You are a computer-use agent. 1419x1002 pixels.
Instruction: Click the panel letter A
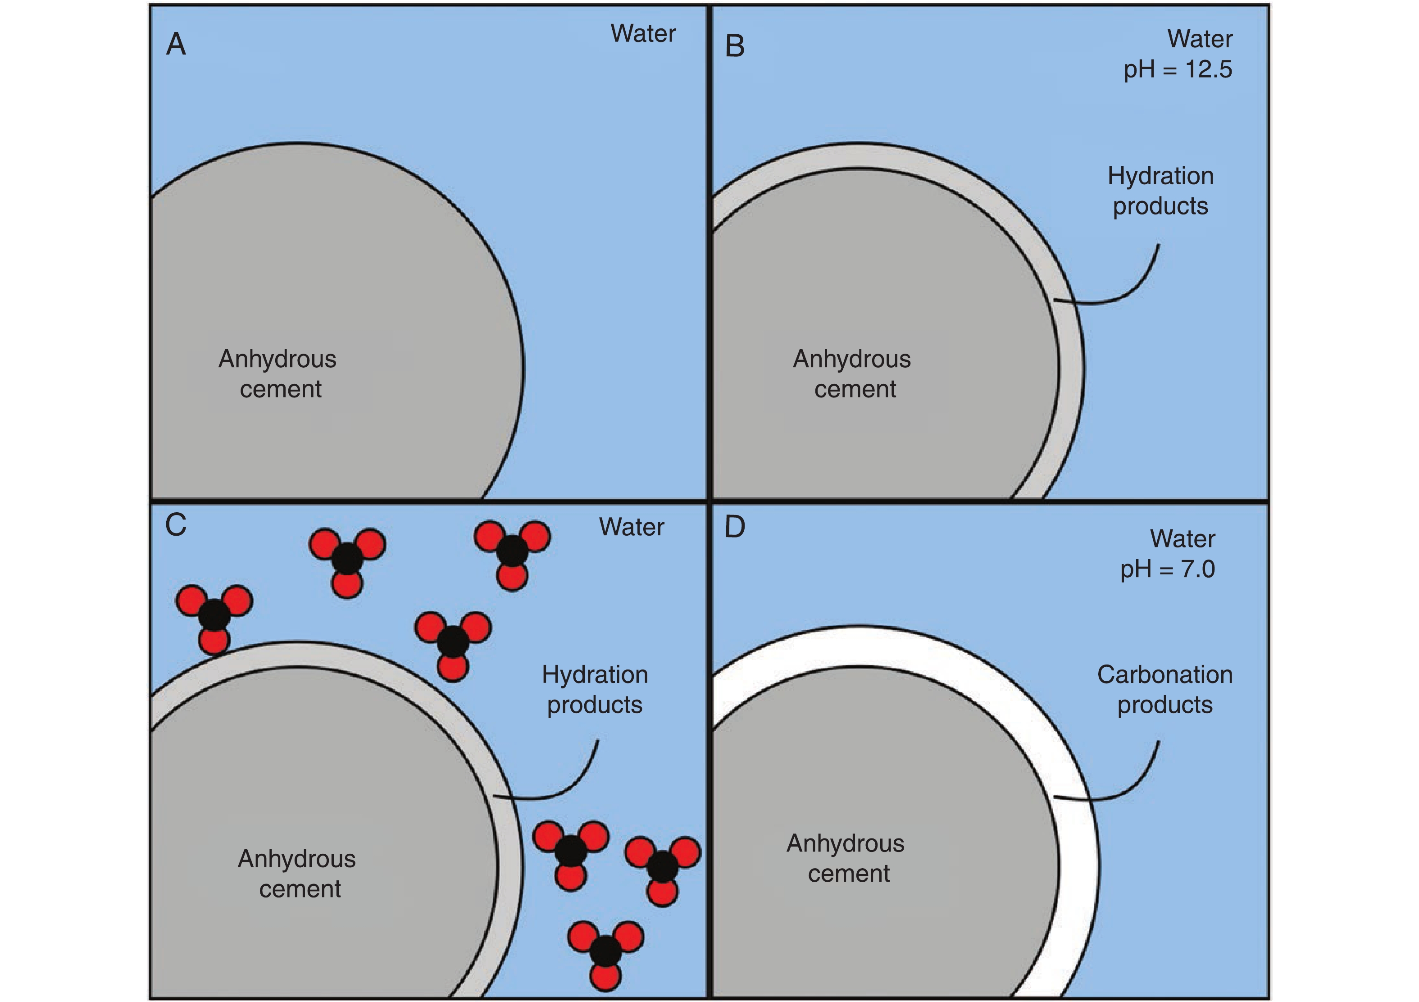176,45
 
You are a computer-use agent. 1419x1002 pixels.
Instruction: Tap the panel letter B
734,46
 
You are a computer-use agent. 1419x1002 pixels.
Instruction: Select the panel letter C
176,525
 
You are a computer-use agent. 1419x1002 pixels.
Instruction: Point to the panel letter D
734,527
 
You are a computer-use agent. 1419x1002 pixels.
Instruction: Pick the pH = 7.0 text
1168,569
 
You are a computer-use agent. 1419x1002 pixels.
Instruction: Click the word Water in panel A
643,33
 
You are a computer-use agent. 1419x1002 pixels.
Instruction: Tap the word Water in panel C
631,527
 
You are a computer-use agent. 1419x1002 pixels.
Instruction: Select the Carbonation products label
1164,689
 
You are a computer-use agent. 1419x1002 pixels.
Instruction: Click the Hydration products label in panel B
1160,191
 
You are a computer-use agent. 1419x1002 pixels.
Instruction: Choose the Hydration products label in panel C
595,689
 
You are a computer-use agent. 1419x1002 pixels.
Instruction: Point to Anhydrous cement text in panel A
278,374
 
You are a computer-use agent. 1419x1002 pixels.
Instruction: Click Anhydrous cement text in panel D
846,858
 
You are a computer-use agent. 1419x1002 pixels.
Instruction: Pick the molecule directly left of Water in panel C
512,551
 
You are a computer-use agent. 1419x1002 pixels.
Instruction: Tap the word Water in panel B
1200,39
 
